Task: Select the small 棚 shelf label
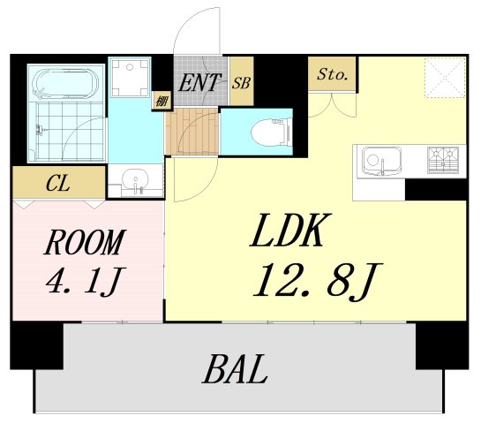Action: tap(162, 101)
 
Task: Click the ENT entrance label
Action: tap(199, 84)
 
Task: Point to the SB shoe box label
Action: tap(241, 84)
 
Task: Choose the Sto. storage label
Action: tap(333, 74)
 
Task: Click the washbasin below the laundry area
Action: tap(136, 181)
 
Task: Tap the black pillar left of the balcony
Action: tap(37, 345)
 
